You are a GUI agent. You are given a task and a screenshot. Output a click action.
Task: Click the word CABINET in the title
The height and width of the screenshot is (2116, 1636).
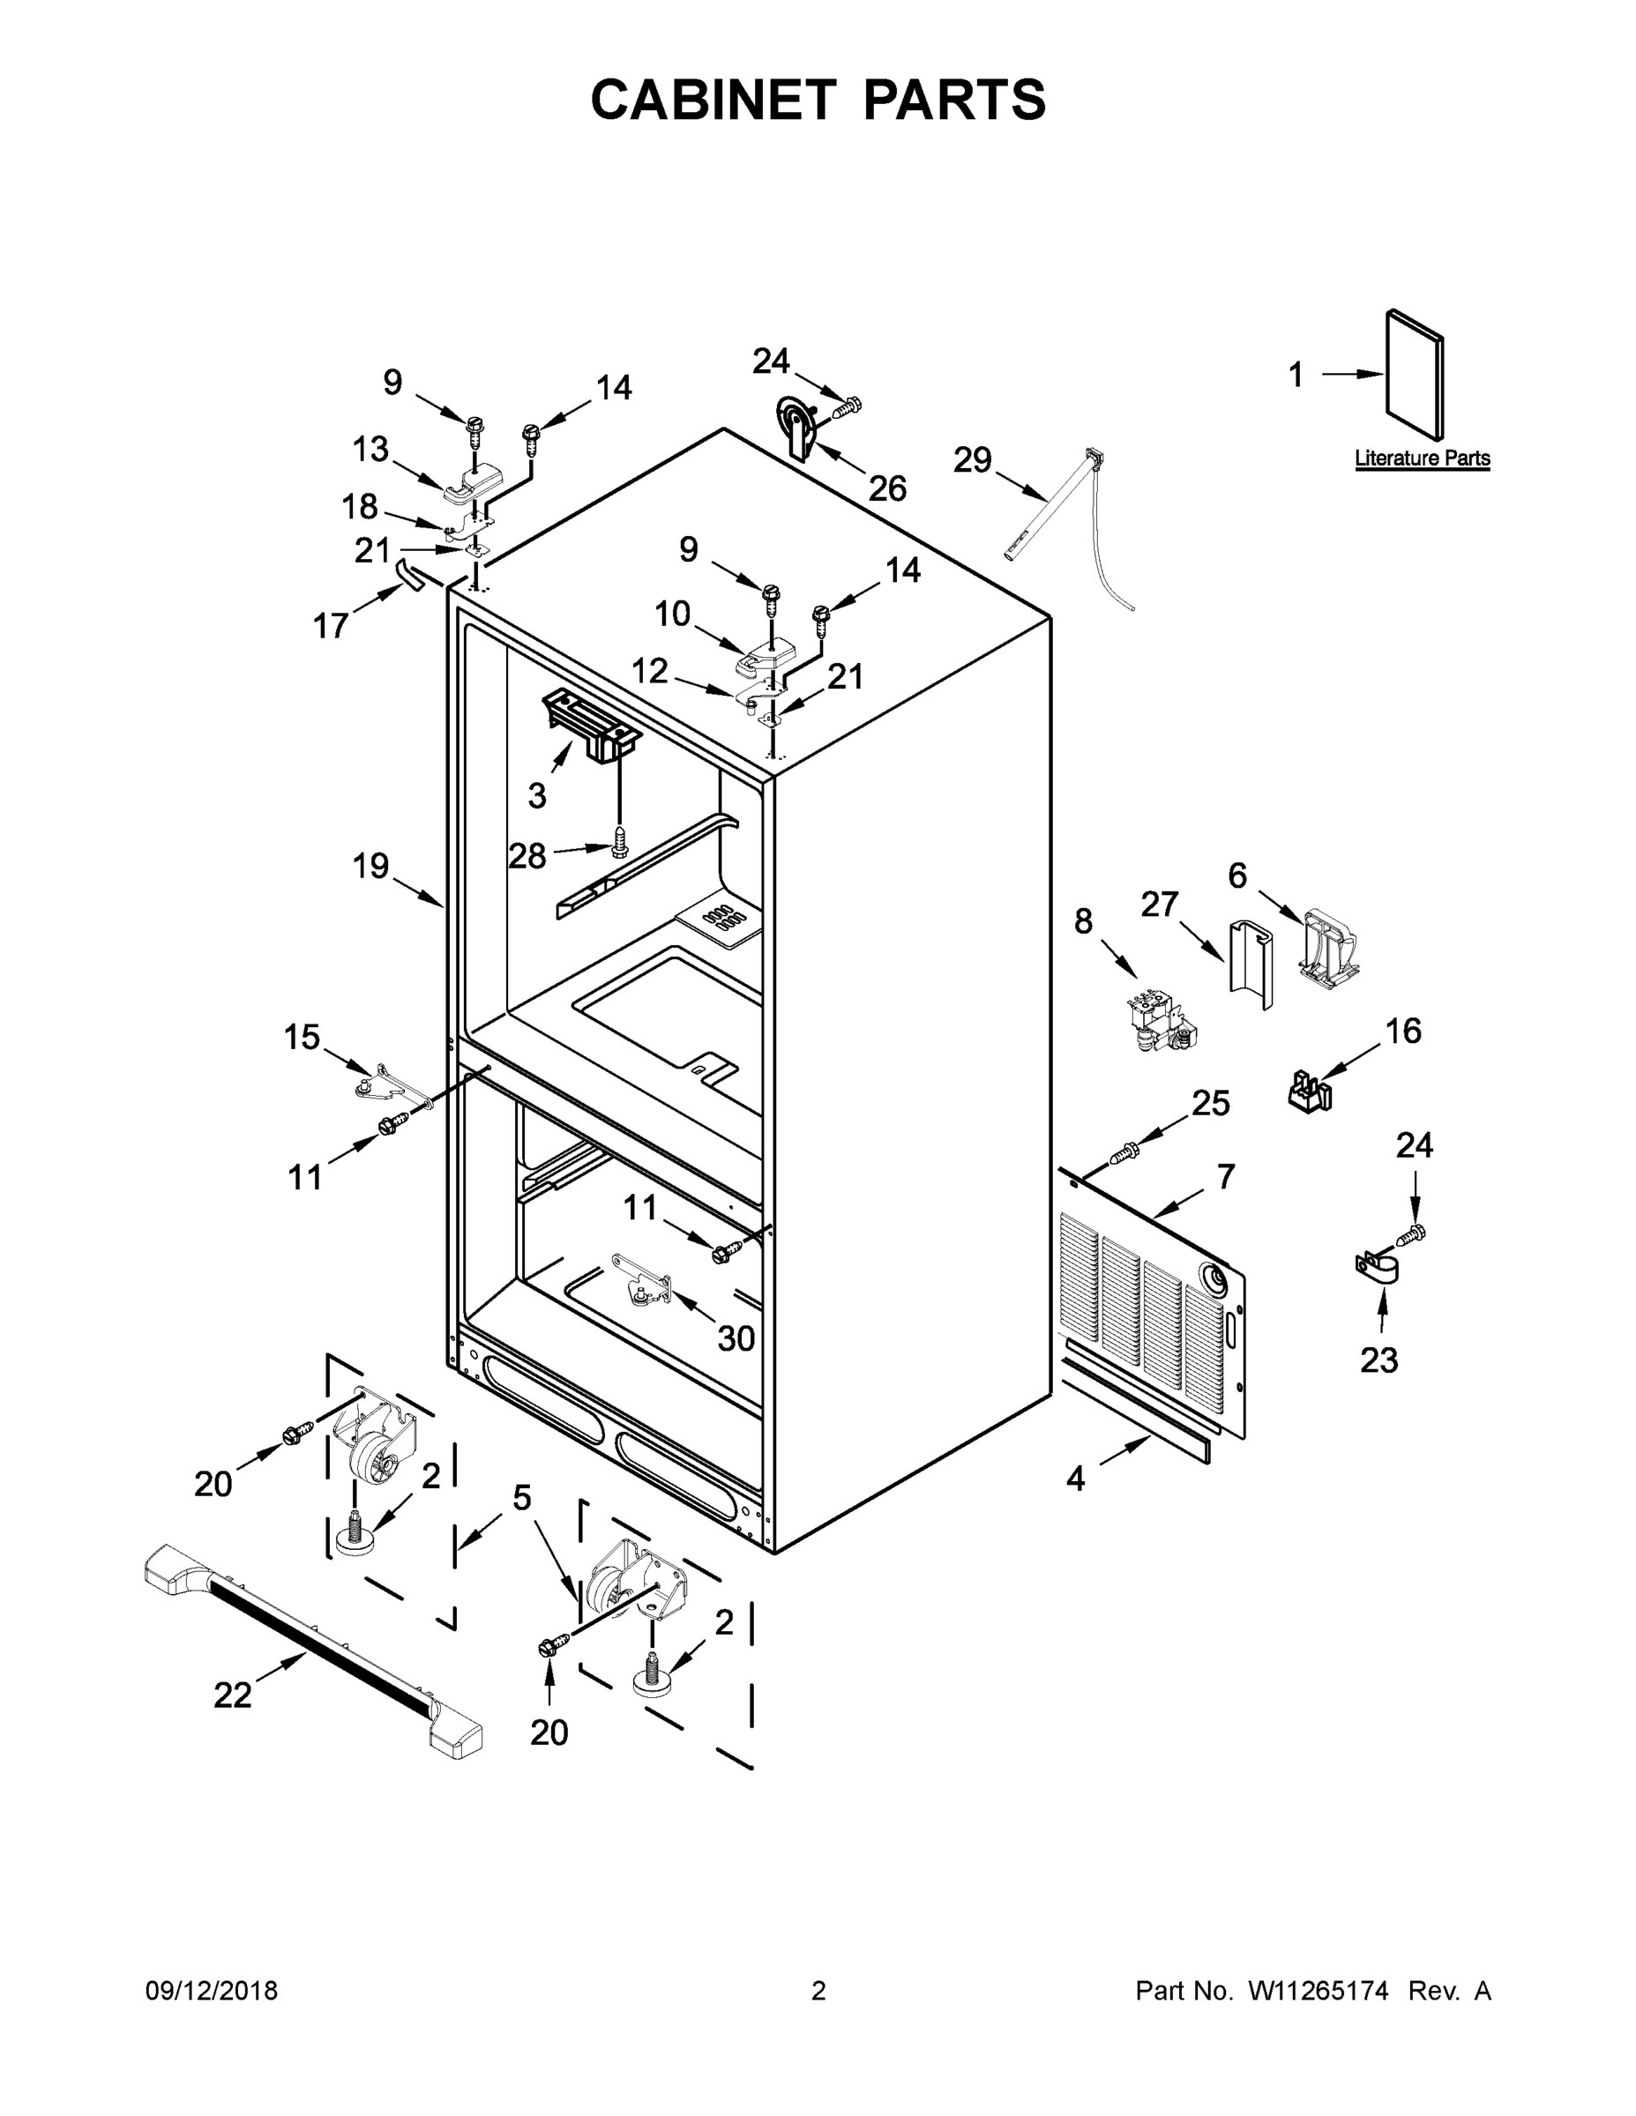[713, 99]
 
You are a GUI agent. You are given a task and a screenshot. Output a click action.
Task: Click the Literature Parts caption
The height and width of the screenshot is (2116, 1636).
[1422, 458]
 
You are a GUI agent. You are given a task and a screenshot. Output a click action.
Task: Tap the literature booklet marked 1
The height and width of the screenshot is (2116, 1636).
[1415, 375]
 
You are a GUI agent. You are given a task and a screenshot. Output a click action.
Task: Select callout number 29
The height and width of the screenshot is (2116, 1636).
[972, 459]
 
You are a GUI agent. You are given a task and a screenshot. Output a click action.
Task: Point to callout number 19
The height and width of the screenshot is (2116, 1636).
[370, 865]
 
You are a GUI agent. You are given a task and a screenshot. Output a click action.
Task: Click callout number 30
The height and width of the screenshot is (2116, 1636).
[736, 1338]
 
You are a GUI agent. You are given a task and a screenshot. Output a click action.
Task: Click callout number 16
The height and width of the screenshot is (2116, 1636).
[1402, 1030]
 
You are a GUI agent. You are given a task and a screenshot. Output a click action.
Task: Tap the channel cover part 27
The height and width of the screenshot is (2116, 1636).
[1247, 958]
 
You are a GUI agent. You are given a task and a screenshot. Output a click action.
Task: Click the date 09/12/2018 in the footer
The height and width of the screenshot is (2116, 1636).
[212, 1991]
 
